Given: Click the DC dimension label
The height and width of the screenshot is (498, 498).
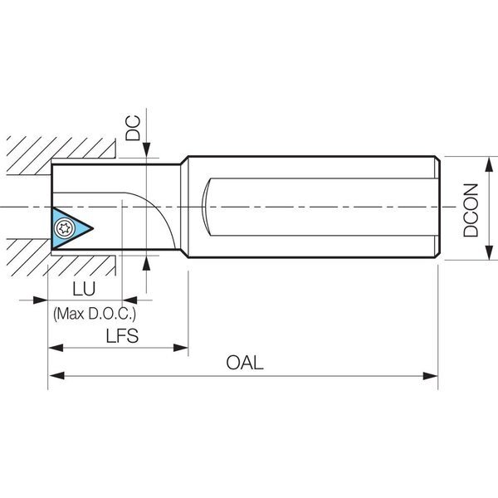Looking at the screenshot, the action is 133,128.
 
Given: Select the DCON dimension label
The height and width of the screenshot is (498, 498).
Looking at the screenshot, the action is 471,210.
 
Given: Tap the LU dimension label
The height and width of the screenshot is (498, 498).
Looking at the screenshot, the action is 84,289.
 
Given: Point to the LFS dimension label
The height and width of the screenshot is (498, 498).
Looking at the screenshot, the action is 122,336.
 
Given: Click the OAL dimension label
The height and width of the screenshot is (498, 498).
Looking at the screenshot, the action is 245,363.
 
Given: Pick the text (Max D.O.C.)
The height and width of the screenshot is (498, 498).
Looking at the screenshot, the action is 95,314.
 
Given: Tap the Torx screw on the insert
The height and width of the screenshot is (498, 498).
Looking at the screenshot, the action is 65,228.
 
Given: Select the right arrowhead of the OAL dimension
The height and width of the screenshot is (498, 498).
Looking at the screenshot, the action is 430,376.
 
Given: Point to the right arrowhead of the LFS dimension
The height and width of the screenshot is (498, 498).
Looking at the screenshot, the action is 181,348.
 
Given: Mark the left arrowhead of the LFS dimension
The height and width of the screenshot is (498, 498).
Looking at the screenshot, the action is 56,348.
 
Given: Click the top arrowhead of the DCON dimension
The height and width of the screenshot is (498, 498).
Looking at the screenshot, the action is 489,164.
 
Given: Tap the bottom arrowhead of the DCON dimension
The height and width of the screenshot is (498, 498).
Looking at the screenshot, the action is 489,252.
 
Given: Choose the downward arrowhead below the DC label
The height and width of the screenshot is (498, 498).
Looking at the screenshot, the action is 146,150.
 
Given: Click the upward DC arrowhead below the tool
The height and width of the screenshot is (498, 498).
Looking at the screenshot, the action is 146,263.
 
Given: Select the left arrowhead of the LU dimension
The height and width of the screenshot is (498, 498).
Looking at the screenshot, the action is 41,300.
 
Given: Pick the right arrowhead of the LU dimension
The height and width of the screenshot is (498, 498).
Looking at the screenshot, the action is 130,300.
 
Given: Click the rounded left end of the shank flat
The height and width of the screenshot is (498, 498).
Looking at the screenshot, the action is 204,207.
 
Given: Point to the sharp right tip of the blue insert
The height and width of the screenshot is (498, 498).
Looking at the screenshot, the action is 93,228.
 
